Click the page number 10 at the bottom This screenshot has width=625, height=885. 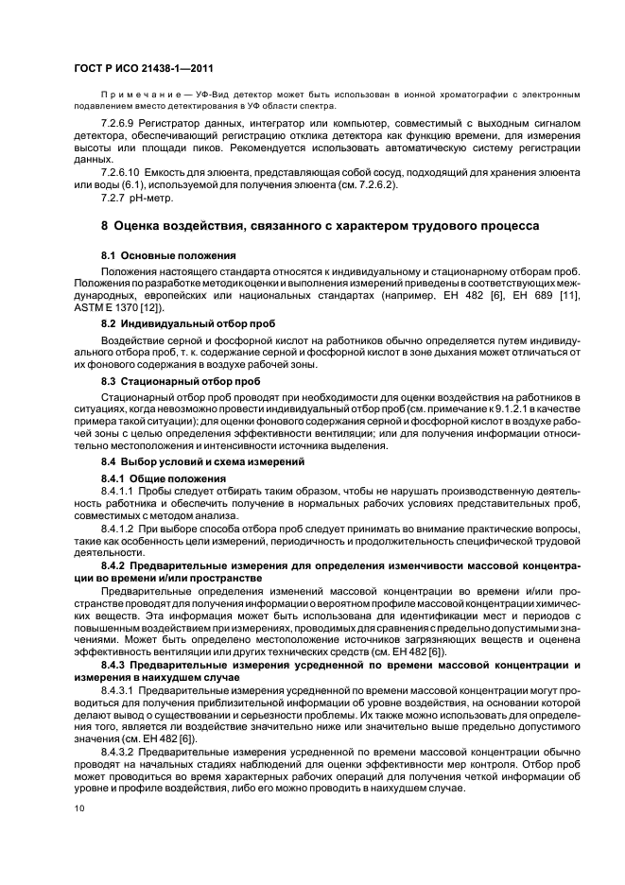(78, 808)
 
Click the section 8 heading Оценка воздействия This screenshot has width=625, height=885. (321, 227)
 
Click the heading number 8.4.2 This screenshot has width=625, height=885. (114, 564)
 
